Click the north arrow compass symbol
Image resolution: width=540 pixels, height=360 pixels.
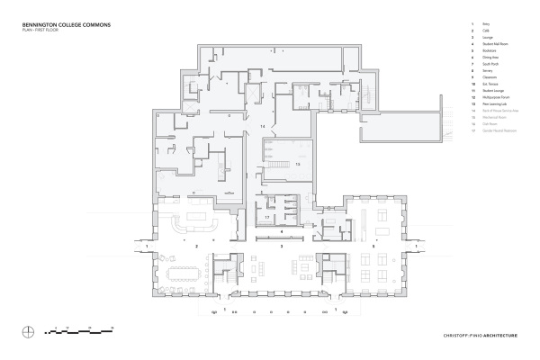click(31, 330)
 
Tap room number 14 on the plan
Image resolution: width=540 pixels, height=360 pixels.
click(263, 127)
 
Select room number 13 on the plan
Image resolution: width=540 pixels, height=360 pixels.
click(297, 165)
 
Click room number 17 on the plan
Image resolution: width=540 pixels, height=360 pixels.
click(267, 217)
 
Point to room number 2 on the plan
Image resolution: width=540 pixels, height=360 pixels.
click(196, 244)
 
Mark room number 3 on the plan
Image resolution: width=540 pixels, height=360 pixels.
click(283, 244)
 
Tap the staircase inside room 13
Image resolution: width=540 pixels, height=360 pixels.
click(274, 154)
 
